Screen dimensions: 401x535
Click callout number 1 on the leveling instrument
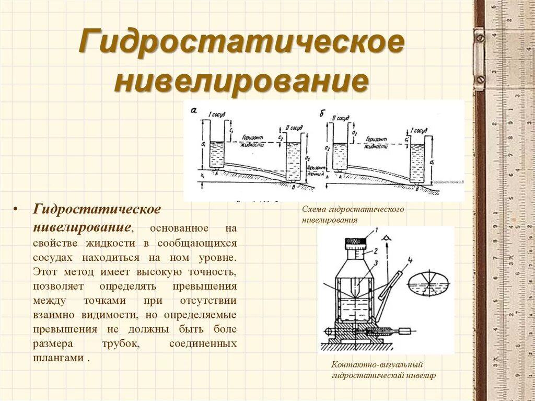click(x=375, y=231)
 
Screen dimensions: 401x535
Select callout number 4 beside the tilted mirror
click(x=410, y=259)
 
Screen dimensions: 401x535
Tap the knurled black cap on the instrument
click(x=356, y=243)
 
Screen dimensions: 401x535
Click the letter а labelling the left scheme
click(x=194, y=110)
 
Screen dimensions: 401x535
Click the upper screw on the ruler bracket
click(x=480, y=38)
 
